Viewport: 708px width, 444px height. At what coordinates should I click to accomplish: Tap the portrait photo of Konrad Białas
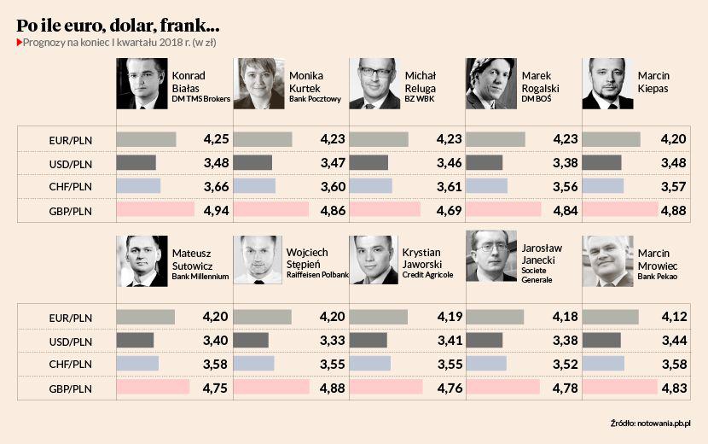pos(142,84)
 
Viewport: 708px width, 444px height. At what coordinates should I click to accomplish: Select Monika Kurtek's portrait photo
pos(258,84)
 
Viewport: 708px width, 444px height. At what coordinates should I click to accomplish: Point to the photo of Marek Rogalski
pos(491,84)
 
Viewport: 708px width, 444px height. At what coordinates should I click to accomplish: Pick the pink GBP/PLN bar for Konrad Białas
pos(155,210)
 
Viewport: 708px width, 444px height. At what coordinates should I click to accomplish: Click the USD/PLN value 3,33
pos(332,341)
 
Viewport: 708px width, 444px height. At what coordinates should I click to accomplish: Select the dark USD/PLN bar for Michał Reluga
pos(369,162)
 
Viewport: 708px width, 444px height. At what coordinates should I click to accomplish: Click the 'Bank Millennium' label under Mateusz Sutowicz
pos(200,276)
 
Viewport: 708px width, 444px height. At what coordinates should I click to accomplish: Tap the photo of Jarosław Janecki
pos(491,256)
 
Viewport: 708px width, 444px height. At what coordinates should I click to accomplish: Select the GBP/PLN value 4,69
pos(448,211)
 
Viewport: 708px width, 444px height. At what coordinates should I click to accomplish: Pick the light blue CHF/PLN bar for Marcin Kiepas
pos(602,186)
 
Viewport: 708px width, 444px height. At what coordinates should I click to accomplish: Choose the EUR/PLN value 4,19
pos(448,317)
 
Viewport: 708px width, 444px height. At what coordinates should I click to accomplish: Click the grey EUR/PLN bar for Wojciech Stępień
pos(262,317)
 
